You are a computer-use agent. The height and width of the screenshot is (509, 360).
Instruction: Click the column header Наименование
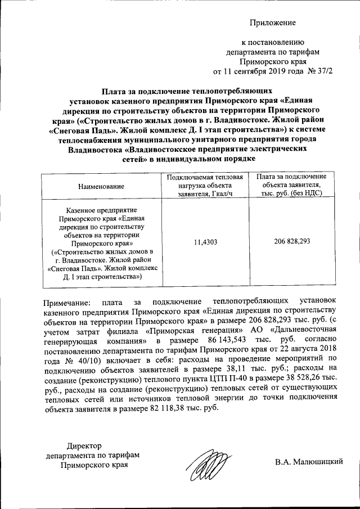(x=101, y=186)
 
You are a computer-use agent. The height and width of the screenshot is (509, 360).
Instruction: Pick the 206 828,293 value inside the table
(x=291, y=241)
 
